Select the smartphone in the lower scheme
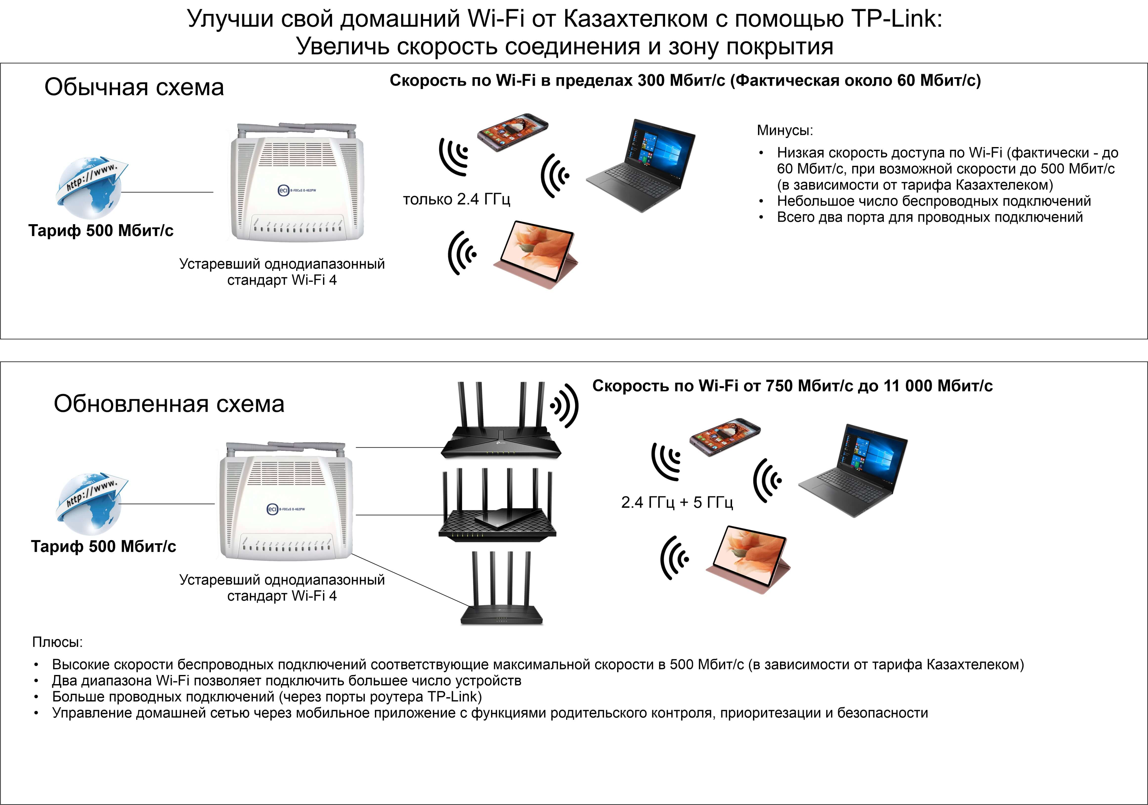pos(724,436)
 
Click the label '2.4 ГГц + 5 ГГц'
pos(677,502)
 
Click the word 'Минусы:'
pos(785,131)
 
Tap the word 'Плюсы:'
pos(58,642)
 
